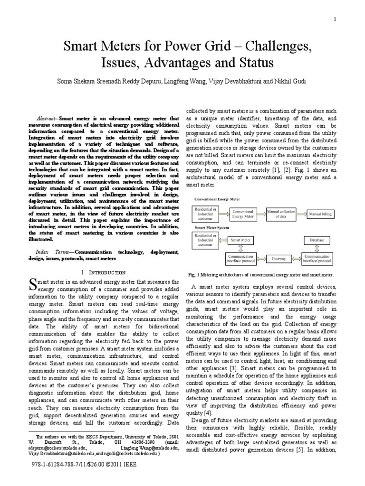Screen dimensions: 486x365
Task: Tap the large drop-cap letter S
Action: (33, 284)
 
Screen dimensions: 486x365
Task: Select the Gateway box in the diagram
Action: (279, 259)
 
